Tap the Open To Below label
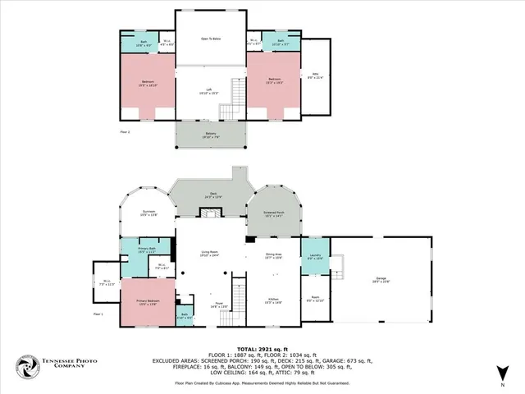(212, 39)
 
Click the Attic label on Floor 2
(315, 76)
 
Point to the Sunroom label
(148, 213)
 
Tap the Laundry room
(314, 257)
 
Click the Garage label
(381, 280)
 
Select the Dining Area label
(273, 256)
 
